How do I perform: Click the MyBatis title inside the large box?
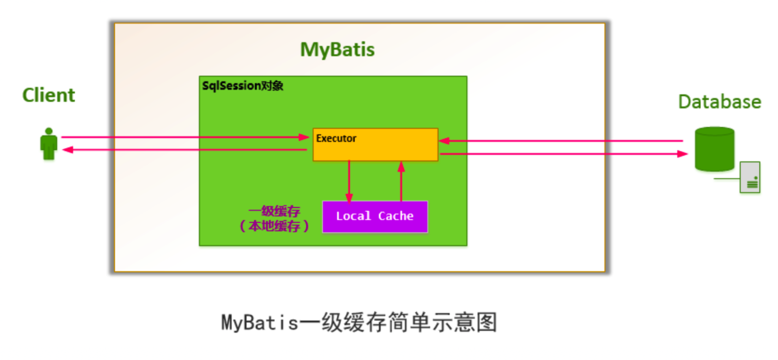337,50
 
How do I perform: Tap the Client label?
49,95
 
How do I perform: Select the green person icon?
49,144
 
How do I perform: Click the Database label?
719,102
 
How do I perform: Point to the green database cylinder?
714,149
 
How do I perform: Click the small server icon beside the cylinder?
750,177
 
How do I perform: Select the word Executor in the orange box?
336,138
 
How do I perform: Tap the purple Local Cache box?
374,217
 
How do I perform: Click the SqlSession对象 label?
243,86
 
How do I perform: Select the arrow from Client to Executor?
185,137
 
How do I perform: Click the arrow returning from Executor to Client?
185,150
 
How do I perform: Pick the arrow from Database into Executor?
561,141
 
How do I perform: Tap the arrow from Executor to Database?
561,154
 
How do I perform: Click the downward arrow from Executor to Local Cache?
349,181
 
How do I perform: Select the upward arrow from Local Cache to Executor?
401,181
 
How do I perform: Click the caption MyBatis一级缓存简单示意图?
359,322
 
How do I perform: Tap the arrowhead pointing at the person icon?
67,150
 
